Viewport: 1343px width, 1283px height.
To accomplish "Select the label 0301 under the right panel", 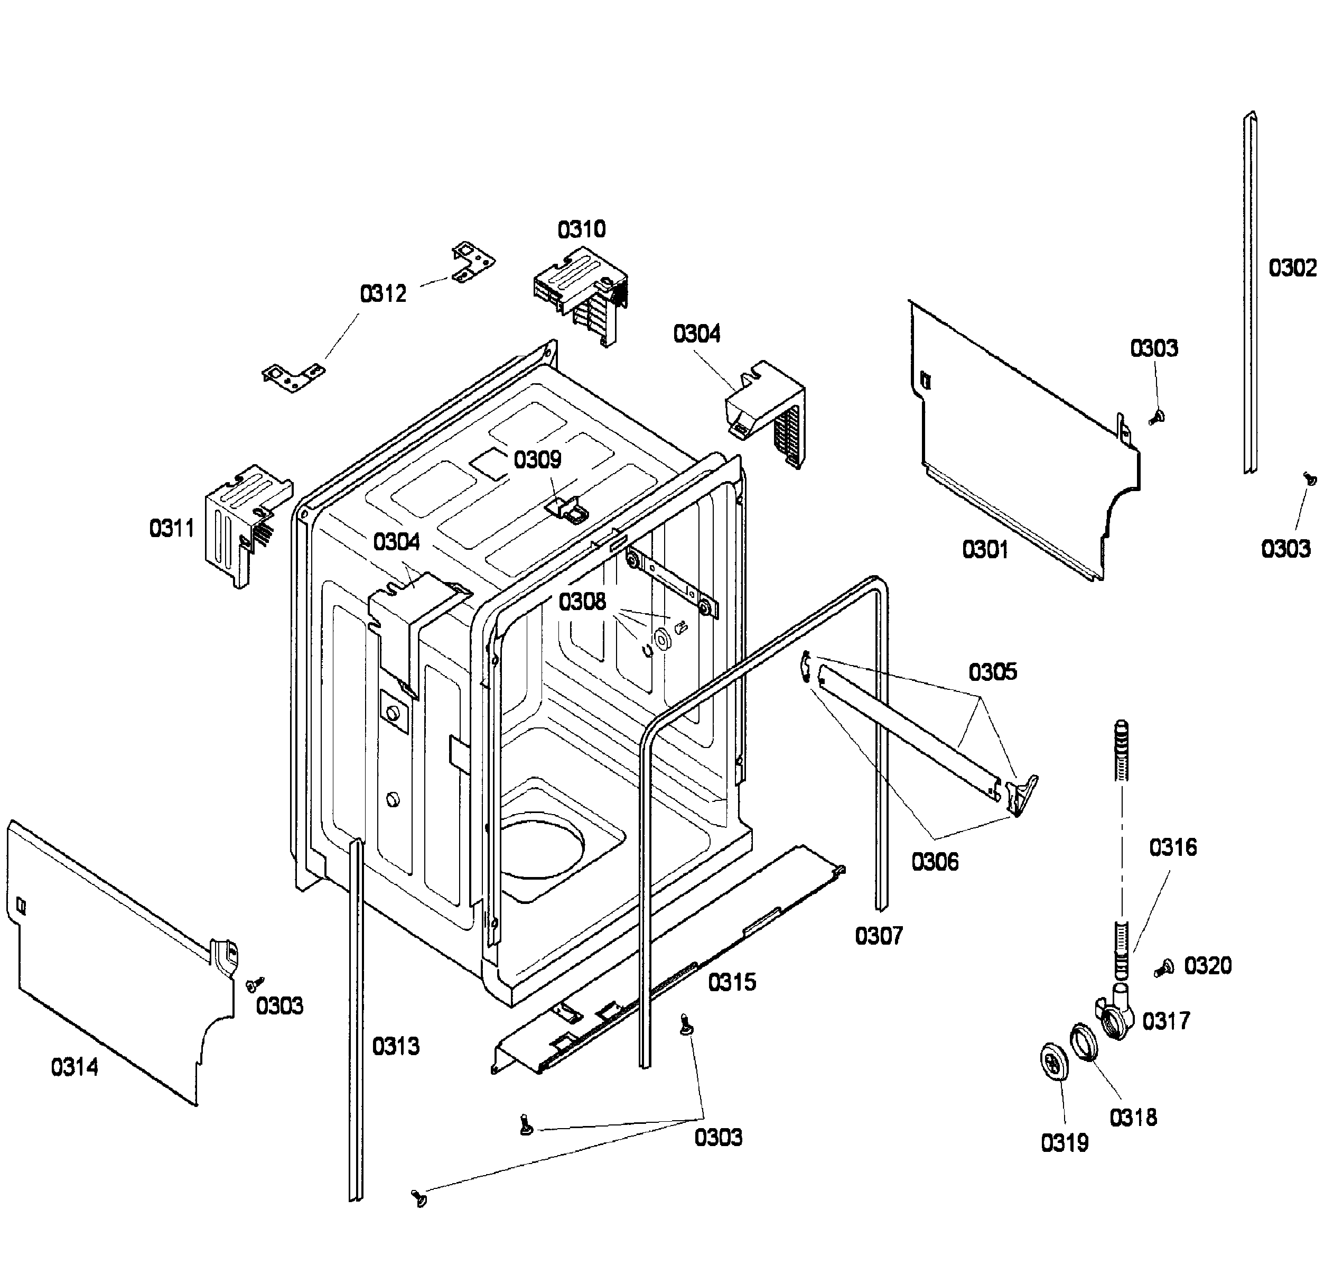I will pyautogui.click(x=984, y=549).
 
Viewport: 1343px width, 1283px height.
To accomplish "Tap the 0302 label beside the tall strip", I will pyautogui.click(x=1292, y=268).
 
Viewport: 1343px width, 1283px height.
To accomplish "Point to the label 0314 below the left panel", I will pyautogui.click(x=74, y=1066).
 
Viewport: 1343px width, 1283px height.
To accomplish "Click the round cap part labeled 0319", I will pyautogui.click(x=1052, y=1062).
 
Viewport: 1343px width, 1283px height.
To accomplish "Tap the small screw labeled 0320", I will pyautogui.click(x=1163, y=968).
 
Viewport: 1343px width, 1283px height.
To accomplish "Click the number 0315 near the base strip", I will pyautogui.click(x=731, y=983).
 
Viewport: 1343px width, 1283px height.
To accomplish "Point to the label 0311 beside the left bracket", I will pyautogui.click(x=172, y=528).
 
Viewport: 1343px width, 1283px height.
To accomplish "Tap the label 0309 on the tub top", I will pyautogui.click(x=537, y=459).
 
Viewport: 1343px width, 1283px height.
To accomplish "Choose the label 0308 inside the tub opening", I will pyautogui.click(x=582, y=602).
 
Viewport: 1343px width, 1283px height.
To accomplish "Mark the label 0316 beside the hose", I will pyautogui.click(x=1173, y=848).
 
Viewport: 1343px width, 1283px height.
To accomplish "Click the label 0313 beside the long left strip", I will pyautogui.click(x=396, y=1046).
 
